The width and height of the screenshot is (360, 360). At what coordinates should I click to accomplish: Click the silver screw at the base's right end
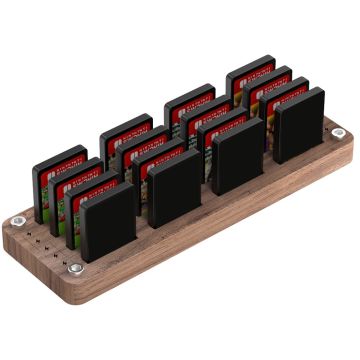tap(338, 133)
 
